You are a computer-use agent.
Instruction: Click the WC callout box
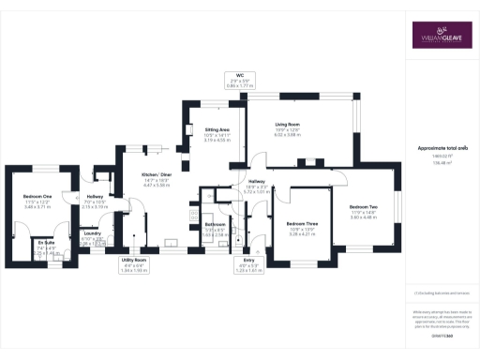pos(239,81)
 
